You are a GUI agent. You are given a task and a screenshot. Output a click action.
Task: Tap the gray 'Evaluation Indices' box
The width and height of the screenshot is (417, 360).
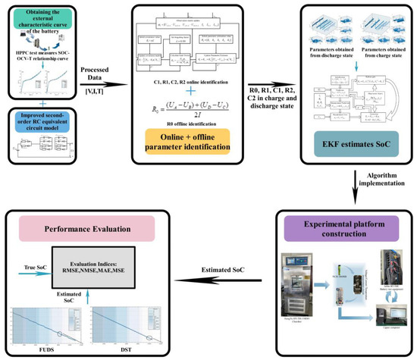click(x=113, y=262)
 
